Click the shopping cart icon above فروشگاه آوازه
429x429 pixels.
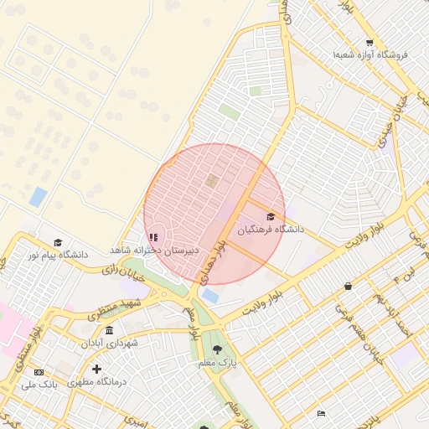[x=370, y=43]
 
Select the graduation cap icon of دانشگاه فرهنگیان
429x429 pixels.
[x=270, y=217]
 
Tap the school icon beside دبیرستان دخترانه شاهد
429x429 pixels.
[x=153, y=238]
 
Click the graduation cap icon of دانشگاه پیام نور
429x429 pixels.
[x=58, y=242]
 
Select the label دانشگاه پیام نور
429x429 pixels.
[x=58, y=254]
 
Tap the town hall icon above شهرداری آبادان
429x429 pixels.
[x=109, y=330]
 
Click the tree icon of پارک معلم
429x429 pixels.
[x=218, y=350]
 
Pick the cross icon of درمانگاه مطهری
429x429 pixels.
[x=96, y=369]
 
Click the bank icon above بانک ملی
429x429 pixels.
[x=39, y=371]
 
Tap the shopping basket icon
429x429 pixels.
[x=348, y=286]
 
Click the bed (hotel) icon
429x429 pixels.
[x=321, y=412]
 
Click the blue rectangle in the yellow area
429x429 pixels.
[x=38, y=197]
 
